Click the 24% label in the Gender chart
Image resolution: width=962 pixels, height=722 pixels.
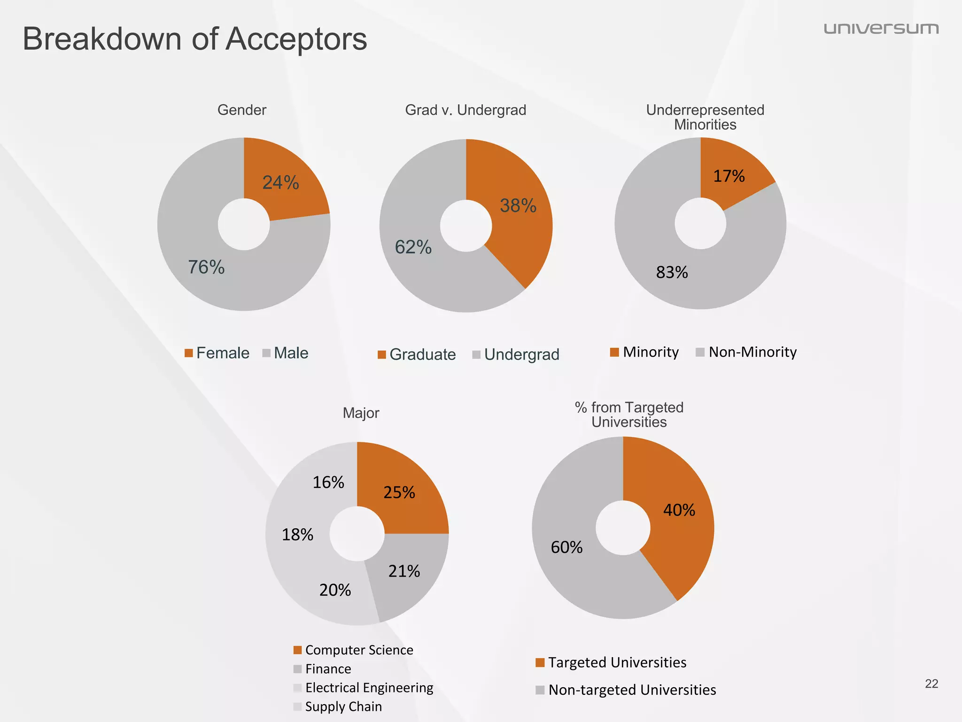coord(280,183)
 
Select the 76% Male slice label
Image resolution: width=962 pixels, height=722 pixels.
coord(206,267)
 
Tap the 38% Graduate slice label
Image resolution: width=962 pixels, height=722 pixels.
coord(518,206)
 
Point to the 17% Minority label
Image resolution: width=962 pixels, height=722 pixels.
coord(729,176)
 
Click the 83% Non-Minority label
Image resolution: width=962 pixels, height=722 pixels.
coord(672,273)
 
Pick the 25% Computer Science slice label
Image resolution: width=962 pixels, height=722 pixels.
coord(399,493)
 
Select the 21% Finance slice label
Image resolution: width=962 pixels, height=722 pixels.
coord(404,572)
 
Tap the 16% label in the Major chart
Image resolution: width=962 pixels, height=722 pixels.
coord(328,483)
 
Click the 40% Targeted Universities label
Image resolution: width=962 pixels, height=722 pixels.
coord(679,510)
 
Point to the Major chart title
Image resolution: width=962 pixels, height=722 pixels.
coord(361,413)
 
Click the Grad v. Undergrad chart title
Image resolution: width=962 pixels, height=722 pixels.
coord(465,110)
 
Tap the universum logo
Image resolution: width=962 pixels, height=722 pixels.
coord(881,29)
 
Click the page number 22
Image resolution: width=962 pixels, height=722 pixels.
coord(931,684)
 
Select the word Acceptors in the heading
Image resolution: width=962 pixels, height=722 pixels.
coord(296,39)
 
